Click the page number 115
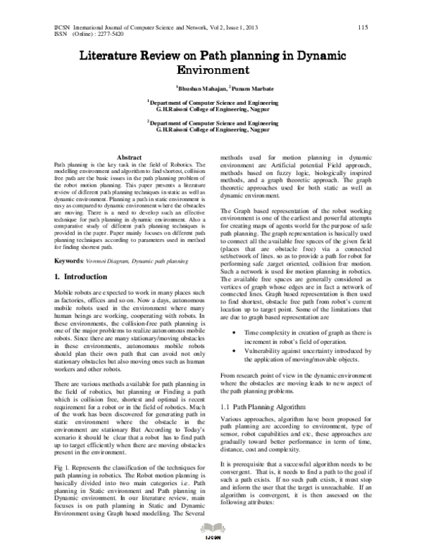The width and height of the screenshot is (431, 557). point(362,27)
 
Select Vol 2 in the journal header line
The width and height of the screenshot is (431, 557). point(205,27)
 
